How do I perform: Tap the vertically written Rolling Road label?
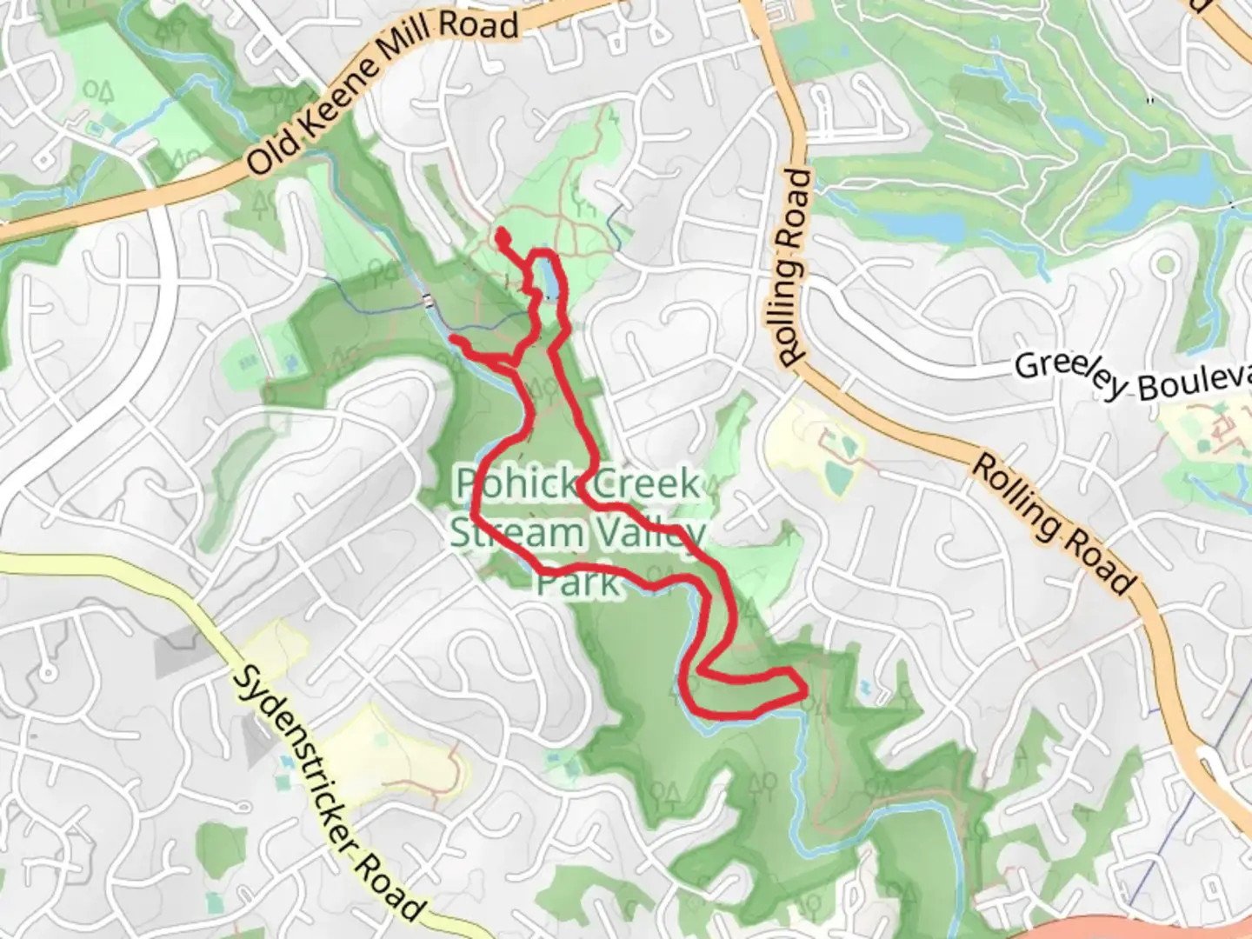pyautogui.click(x=794, y=268)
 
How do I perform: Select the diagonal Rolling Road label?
pyautogui.click(x=1053, y=524)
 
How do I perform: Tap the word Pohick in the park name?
pyautogui.click(x=513, y=483)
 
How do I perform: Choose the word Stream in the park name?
pyautogui.click(x=504, y=532)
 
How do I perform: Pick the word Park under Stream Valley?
pyautogui.click(x=577, y=581)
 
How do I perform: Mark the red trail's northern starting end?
pyautogui.click(x=502, y=233)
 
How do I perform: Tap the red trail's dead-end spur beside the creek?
pyautogui.click(x=454, y=338)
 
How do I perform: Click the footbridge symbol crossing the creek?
pyautogui.click(x=426, y=301)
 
